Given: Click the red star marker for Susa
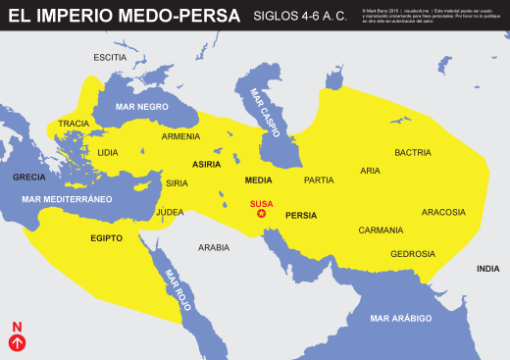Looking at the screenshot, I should pyautogui.click(x=261, y=213).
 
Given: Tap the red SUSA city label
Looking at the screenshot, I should pyautogui.click(x=261, y=203).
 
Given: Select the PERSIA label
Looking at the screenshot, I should pyautogui.click(x=300, y=215).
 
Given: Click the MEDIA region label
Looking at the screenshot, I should pyautogui.click(x=258, y=180).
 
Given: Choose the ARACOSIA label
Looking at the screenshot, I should pyautogui.click(x=443, y=212).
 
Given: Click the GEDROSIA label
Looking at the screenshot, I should pyautogui.click(x=412, y=254).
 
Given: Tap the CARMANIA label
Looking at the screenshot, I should pyautogui.click(x=380, y=230).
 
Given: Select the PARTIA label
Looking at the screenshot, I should pyautogui.click(x=319, y=180).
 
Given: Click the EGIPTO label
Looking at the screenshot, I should pyautogui.click(x=106, y=237).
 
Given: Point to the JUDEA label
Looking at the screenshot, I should pyautogui.click(x=170, y=211).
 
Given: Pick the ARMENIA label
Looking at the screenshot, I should pyautogui.click(x=180, y=136).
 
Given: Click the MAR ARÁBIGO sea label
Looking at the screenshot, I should pyautogui.click(x=401, y=319).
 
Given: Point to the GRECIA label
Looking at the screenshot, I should pyautogui.click(x=29, y=178).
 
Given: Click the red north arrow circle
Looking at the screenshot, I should pyautogui.click(x=17, y=342).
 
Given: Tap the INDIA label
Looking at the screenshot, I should pyautogui.click(x=487, y=268).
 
